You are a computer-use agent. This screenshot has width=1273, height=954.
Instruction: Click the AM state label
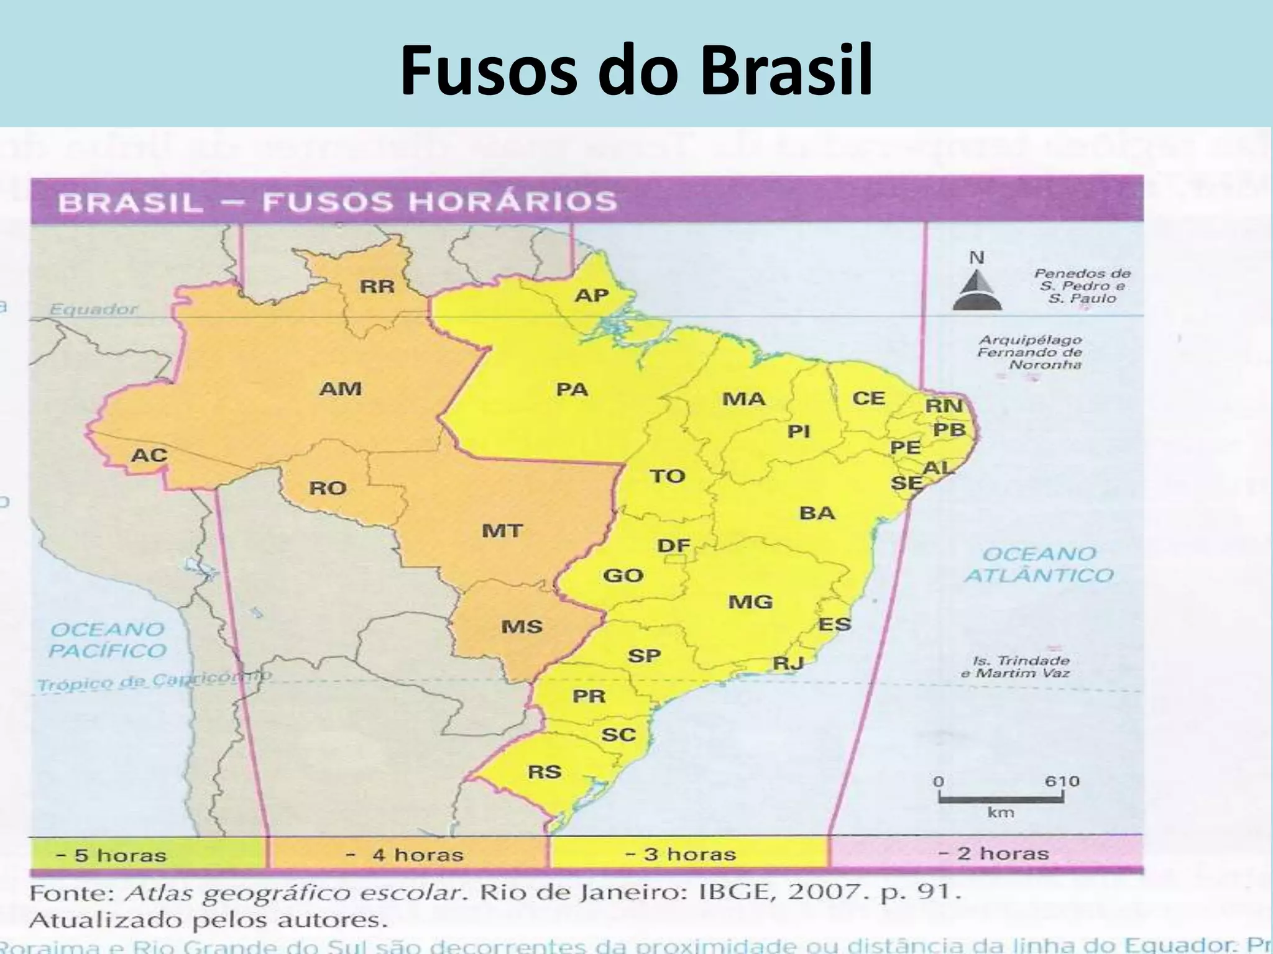point(340,389)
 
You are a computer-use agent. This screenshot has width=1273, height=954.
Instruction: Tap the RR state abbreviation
point(377,287)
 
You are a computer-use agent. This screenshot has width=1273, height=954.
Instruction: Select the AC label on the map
point(149,455)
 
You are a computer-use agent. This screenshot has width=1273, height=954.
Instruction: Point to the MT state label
point(502,531)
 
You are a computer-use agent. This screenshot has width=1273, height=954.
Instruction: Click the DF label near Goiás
point(674,546)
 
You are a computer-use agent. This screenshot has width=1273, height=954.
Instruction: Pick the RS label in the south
point(545,772)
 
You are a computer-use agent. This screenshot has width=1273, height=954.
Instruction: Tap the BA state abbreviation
point(817,513)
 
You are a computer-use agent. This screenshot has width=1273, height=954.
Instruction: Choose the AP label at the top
point(591,295)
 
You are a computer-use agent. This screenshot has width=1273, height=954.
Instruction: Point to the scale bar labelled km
point(1000,799)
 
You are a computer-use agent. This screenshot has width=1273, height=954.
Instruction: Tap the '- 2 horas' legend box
point(986,853)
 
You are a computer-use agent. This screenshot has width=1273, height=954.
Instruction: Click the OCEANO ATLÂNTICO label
point(1039,565)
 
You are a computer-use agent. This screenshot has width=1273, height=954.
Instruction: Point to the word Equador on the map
point(93,309)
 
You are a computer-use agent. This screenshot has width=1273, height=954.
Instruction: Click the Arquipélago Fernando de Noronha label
point(1029,352)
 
